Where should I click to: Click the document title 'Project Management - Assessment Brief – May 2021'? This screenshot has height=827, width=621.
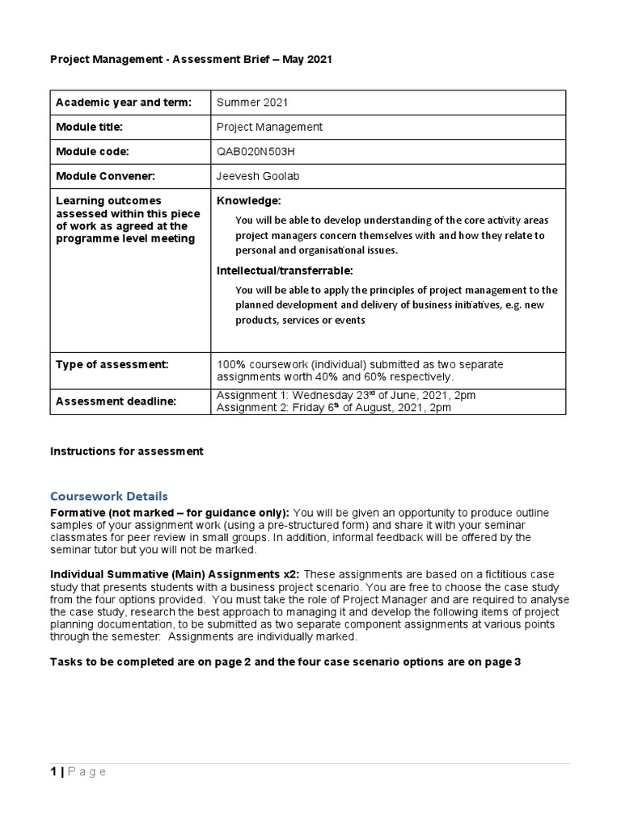click(x=191, y=60)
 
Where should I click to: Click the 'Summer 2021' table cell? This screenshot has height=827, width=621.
click(x=252, y=103)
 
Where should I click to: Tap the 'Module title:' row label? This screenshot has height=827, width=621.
click(x=88, y=127)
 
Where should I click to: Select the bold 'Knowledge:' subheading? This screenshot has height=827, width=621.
click(x=249, y=200)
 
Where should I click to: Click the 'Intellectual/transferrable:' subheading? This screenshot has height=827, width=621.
click(x=285, y=270)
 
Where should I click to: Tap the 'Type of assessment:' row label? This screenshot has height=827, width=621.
click(x=112, y=365)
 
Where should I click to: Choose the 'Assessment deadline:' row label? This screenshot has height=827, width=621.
click(x=116, y=401)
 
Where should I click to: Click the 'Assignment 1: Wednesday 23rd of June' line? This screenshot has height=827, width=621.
click(x=346, y=395)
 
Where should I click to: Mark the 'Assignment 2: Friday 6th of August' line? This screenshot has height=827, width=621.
click(x=334, y=408)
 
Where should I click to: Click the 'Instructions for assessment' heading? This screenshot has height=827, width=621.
click(x=127, y=451)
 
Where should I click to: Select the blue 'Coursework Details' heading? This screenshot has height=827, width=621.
click(x=109, y=496)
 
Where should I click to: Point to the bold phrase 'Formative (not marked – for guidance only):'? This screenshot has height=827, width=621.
click(x=170, y=513)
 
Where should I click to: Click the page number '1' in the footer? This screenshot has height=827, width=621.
click(x=53, y=772)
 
